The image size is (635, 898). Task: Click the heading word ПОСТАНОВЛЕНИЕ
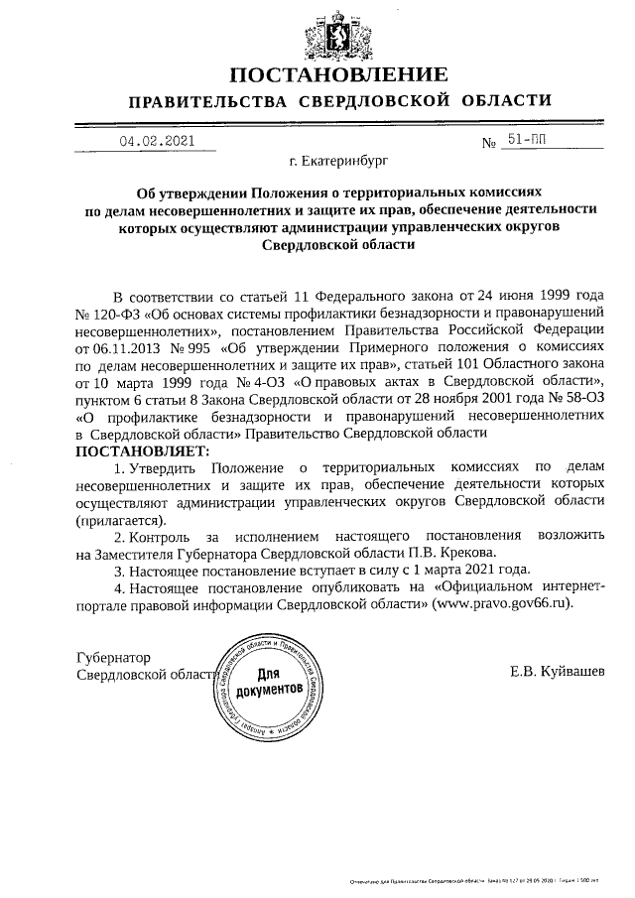[338, 74]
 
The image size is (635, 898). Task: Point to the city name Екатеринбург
[338, 159]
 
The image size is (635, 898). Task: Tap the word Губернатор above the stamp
[114, 657]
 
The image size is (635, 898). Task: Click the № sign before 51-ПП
[488, 143]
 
